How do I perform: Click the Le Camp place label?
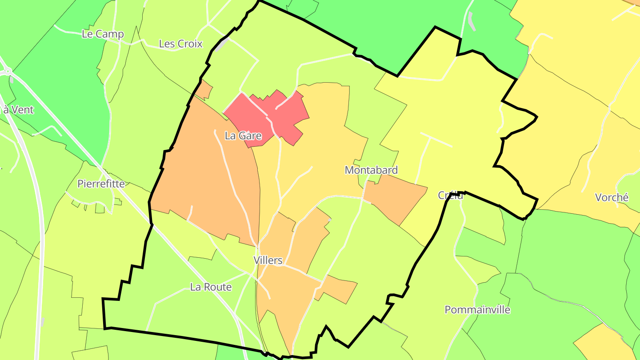[x=103, y=34]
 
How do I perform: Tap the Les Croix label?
[x=180, y=44]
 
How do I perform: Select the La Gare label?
[x=243, y=136]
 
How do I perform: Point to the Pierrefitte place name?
[x=101, y=184]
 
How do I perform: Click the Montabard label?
[x=371, y=170]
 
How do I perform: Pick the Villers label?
[x=268, y=260]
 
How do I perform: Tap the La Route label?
[x=211, y=287]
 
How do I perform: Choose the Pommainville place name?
[x=477, y=310]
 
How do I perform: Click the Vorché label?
[x=612, y=197]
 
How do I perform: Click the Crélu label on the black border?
[x=451, y=195]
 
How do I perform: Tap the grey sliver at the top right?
[x=472, y=21]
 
